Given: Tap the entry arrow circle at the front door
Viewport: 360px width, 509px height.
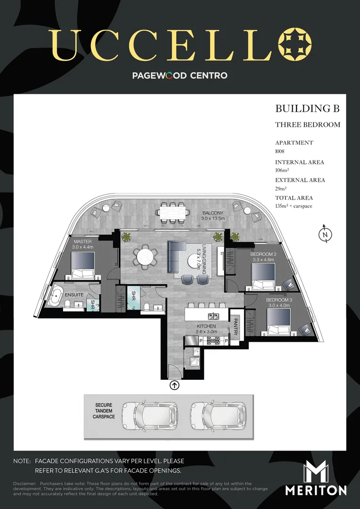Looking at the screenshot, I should [x=174, y=386].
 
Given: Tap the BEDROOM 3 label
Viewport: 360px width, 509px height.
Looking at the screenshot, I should [x=279, y=300].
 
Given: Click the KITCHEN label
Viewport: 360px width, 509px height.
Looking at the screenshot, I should [x=206, y=326].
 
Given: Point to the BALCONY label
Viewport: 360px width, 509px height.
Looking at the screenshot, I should [x=212, y=213].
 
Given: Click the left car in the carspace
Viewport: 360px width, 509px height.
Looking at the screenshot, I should [x=150, y=416].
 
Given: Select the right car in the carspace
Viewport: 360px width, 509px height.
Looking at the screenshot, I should [x=218, y=416].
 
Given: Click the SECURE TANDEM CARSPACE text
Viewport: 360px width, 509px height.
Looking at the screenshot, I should [x=105, y=410].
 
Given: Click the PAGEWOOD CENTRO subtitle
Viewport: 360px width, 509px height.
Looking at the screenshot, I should [x=180, y=75].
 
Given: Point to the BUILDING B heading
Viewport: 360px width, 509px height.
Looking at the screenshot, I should [x=307, y=109].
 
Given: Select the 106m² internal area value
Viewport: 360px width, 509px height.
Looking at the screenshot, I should [x=282, y=170].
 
